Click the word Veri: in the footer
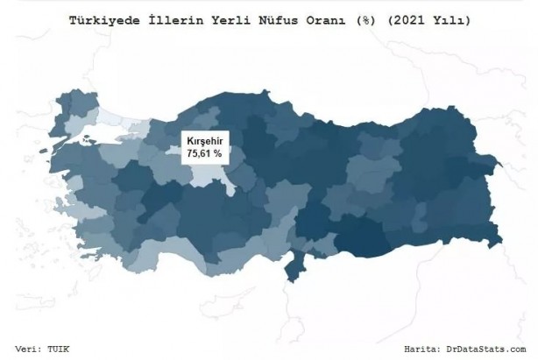click(x=32, y=348)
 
